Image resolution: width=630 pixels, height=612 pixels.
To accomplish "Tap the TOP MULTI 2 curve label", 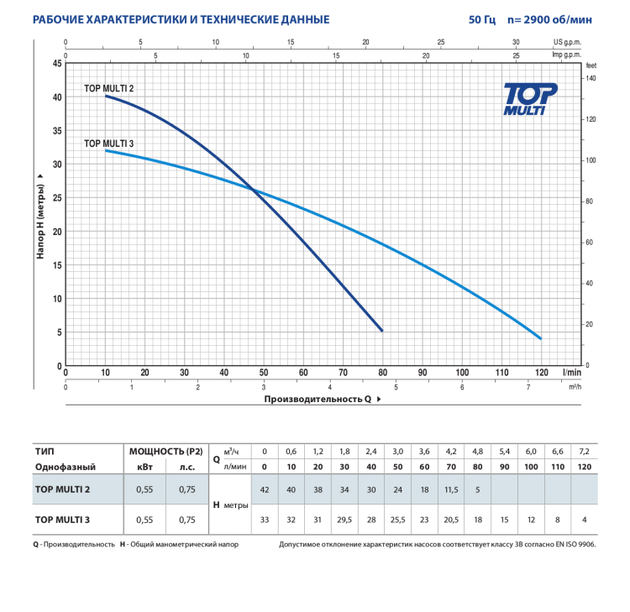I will [x=108, y=87].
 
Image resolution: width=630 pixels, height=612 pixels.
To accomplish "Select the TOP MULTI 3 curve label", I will [x=109, y=144].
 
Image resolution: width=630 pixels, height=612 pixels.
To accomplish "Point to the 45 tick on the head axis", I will [x=57, y=64].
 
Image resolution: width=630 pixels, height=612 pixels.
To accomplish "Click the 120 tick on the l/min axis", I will [x=541, y=373].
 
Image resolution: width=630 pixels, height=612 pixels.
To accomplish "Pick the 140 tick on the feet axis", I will [x=591, y=78].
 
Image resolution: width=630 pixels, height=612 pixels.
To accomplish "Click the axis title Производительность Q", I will [x=318, y=400].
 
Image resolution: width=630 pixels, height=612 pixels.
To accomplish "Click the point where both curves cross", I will [x=254, y=190].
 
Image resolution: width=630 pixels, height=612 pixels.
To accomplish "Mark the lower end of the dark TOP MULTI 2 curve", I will [x=382, y=331].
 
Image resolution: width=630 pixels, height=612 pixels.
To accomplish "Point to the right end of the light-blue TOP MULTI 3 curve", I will [x=541, y=338].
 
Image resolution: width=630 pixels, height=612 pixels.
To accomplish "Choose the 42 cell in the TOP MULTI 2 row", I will [x=265, y=489].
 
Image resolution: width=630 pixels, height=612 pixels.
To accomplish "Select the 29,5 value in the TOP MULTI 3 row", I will [x=344, y=520].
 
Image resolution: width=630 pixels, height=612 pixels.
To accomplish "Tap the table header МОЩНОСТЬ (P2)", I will [x=165, y=450].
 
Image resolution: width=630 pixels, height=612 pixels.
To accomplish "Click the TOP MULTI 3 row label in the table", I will [x=62, y=520].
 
